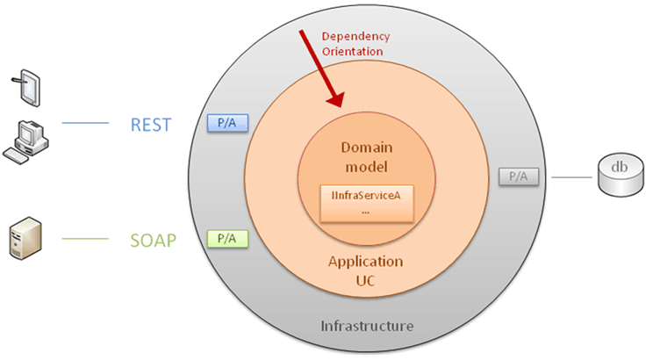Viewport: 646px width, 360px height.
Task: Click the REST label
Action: coord(150,125)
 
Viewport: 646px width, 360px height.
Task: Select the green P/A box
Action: coord(226,237)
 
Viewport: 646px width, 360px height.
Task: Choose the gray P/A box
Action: coord(519,176)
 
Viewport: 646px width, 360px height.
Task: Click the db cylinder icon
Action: coord(619,176)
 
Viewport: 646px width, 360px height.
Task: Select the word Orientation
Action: coord(353,51)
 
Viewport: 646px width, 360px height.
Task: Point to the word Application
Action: coord(365,262)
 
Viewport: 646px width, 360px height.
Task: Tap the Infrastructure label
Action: coord(366,326)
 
